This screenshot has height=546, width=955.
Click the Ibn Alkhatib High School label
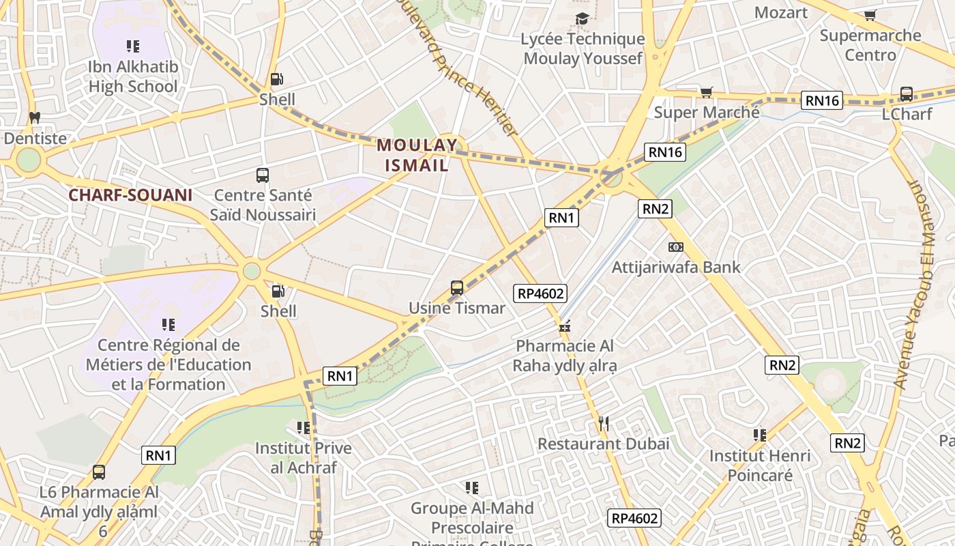point(133,76)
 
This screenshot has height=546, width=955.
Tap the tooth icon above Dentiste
point(35,117)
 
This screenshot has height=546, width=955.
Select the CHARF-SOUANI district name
point(130,195)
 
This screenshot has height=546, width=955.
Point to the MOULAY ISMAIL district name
point(417,155)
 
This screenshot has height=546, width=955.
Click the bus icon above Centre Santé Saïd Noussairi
point(263,175)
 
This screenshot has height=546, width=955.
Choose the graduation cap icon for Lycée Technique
point(582,18)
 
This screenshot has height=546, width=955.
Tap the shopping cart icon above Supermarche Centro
point(870,15)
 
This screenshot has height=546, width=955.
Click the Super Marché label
point(707,112)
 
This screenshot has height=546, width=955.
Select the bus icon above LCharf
point(907,94)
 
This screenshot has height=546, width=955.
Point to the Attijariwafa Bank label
point(675,267)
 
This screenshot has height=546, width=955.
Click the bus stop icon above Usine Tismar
point(457,288)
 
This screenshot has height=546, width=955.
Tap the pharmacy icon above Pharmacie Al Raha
point(565,326)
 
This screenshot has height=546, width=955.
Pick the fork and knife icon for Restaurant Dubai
point(603,424)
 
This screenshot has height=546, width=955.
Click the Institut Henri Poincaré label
point(760,465)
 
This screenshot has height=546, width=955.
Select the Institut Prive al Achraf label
point(304,458)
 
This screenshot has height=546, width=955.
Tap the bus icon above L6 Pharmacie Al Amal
point(99,472)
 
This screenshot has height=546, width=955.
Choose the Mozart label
point(781,12)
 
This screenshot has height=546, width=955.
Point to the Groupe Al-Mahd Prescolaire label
point(472,518)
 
